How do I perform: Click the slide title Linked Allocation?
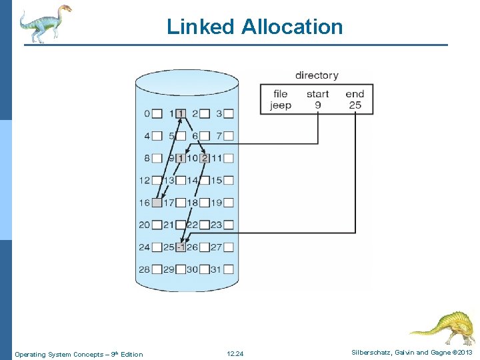(x=255, y=27)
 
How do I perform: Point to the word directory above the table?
(x=317, y=75)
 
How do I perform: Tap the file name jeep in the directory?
(x=281, y=105)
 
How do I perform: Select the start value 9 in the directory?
(x=317, y=105)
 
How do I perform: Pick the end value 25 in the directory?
(x=355, y=105)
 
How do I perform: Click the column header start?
(x=317, y=94)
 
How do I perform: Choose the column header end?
(x=355, y=94)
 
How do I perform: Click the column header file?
(x=281, y=94)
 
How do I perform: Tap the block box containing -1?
(x=181, y=247)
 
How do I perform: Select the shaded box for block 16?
(x=157, y=203)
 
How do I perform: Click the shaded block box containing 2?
(x=205, y=159)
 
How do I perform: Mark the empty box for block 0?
(x=157, y=114)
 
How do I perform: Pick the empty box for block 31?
(x=229, y=269)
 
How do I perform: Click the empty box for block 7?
(x=229, y=136)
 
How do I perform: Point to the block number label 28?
(x=144, y=269)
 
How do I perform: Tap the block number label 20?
(x=144, y=225)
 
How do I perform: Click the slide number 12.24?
(x=235, y=353)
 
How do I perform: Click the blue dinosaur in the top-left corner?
(x=44, y=23)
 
